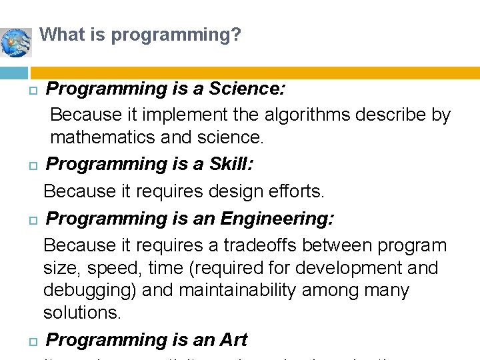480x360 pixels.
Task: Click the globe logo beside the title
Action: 17,42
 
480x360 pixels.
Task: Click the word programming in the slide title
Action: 169,34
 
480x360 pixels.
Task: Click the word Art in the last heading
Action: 233,340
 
